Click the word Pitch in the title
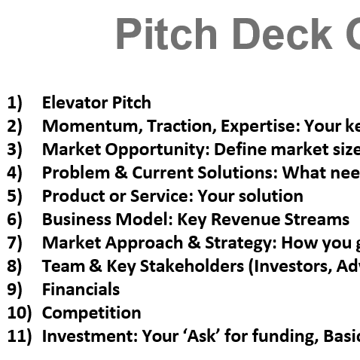point(166,34)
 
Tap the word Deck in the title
point(282,34)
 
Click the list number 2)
point(14,126)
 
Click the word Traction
point(182,127)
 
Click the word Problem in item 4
point(76,172)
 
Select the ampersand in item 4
point(121,172)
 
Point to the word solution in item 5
point(271,196)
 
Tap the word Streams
point(317,219)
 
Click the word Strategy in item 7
point(241,243)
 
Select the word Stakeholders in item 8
point(192,266)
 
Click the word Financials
point(81,289)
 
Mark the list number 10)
point(20,313)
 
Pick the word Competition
point(92,313)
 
